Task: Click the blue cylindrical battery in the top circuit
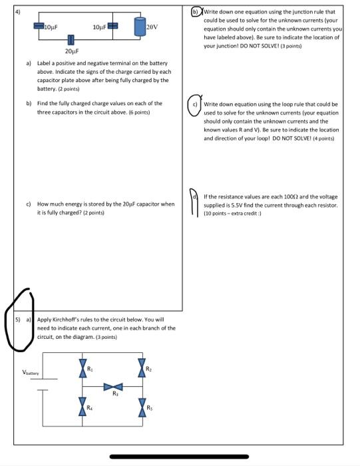tap(139, 26)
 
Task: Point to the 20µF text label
tap(72, 51)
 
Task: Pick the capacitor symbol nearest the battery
tap(112, 26)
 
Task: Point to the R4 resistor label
tap(91, 401)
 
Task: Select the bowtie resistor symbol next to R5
tap(142, 405)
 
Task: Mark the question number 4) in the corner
tap(17, 10)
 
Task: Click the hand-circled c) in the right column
tap(194, 105)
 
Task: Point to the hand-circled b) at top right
tap(195, 11)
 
